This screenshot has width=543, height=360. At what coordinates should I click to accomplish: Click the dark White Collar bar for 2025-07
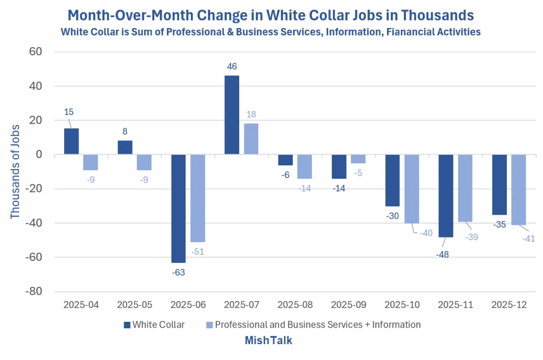click(x=232, y=115)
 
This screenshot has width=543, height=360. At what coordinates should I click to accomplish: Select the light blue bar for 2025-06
click(x=198, y=198)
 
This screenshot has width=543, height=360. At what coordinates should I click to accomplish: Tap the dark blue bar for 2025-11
click(x=445, y=196)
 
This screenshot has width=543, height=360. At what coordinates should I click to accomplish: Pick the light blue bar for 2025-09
click(x=358, y=159)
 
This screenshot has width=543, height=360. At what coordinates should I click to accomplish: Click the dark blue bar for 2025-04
click(x=72, y=142)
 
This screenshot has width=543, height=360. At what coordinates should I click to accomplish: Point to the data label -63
click(x=178, y=273)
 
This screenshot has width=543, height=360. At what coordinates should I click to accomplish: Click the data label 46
click(x=232, y=66)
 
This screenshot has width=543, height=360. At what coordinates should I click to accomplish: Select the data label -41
click(x=529, y=239)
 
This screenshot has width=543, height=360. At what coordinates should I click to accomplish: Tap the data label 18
click(x=251, y=114)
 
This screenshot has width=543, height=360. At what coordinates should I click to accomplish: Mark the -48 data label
click(x=442, y=255)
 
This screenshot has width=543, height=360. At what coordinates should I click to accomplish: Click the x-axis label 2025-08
click(x=295, y=305)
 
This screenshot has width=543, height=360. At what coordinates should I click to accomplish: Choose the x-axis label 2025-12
click(x=509, y=305)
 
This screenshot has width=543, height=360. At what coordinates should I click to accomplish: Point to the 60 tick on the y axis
click(x=36, y=51)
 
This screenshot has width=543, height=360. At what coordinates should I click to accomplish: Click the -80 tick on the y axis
click(x=33, y=292)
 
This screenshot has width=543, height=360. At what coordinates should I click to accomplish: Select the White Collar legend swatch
click(x=127, y=325)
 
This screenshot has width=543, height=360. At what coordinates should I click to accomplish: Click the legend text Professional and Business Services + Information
click(x=318, y=324)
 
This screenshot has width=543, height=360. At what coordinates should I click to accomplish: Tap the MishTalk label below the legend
click(x=268, y=340)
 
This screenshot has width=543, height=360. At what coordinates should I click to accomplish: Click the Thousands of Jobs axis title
click(x=15, y=172)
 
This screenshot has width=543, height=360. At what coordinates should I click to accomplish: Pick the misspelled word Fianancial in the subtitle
click(x=409, y=32)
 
